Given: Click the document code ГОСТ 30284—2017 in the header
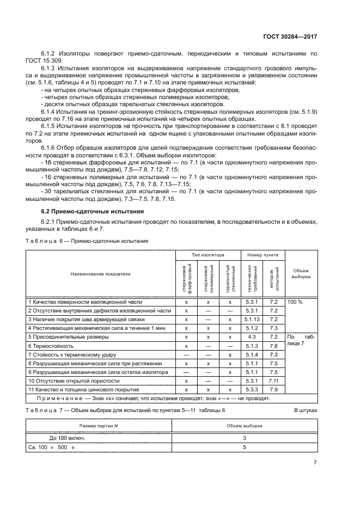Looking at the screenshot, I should click(290, 37).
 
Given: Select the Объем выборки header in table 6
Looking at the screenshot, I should click(301, 273).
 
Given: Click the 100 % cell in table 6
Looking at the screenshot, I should click(295, 301).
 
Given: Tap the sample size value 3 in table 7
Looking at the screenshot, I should click(245, 438).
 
